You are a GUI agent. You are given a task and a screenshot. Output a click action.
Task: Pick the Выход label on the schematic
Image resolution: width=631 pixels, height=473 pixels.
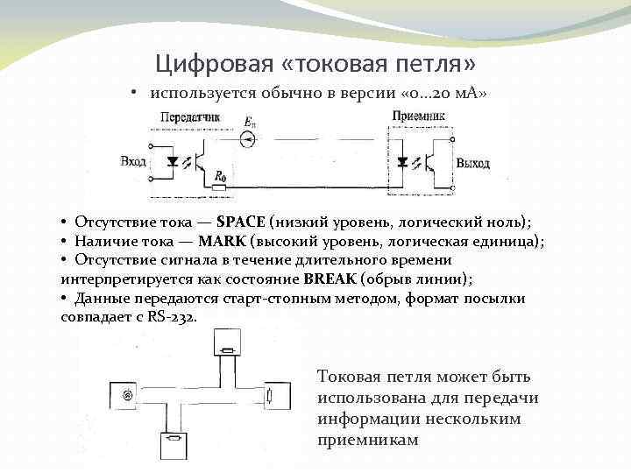click(x=473, y=164)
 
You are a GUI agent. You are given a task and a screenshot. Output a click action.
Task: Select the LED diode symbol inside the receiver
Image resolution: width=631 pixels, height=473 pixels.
click(x=402, y=163)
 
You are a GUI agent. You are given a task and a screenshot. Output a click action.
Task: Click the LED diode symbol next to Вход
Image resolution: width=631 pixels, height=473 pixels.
click(x=172, y=162)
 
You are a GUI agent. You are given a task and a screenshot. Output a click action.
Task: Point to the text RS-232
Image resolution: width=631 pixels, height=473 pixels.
click(x=172, y=316)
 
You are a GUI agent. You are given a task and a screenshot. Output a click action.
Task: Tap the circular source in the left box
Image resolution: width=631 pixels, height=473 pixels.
click(x=128, y=395)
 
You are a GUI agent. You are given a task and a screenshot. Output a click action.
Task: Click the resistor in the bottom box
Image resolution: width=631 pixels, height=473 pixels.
click(x=174, y=437)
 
